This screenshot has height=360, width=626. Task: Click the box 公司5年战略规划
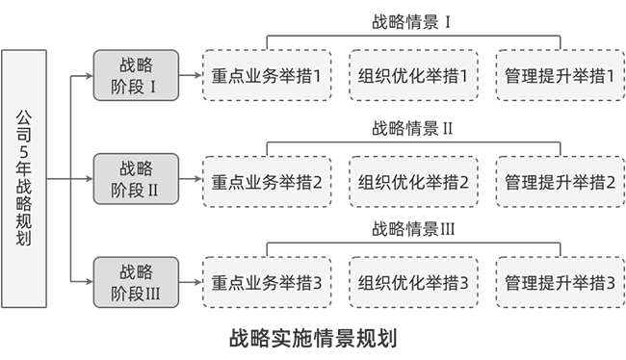tap(24, 179)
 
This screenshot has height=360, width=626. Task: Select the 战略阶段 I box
tap(136, 76)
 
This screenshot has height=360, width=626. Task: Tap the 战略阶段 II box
tap(136, 179)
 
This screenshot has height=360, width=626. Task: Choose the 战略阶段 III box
tap(136, 282)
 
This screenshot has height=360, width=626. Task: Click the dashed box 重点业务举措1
tap(267, 76)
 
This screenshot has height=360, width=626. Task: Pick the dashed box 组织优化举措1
tap(412, 76)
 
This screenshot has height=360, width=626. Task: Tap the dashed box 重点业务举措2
tap(267, 180)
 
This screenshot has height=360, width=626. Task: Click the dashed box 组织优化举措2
tap(412, 180)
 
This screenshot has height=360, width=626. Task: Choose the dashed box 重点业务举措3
tap(267, 283)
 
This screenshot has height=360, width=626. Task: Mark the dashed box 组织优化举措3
tap(412, 283)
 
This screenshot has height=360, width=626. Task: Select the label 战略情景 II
tap(412, 127)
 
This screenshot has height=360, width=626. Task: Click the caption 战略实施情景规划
tap(313, 339)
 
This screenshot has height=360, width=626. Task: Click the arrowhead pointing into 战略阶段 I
tap(89, 76)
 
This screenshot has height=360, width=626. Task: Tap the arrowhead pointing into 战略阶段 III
tap(89, 282)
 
